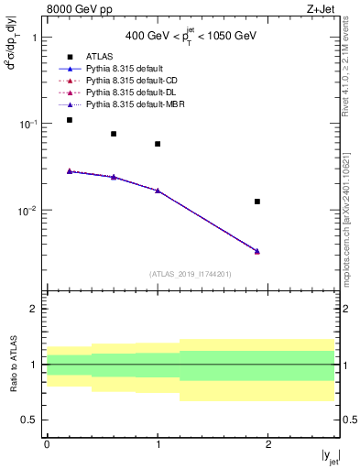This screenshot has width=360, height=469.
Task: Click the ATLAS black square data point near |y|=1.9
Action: point(257,202)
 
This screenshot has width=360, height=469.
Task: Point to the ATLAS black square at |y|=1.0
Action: point(158,144)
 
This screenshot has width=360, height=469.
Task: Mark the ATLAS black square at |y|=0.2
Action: point(70,120)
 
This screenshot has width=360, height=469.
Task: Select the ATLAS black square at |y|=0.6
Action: point(114,134)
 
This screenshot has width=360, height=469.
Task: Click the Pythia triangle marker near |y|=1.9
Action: point(257,251)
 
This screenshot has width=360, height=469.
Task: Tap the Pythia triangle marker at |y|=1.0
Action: point(158,191)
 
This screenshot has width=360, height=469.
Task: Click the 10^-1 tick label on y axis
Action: point(31,124)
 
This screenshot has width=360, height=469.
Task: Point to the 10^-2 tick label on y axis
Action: point(31,211)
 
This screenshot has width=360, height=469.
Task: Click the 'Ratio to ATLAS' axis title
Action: point(12,364)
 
